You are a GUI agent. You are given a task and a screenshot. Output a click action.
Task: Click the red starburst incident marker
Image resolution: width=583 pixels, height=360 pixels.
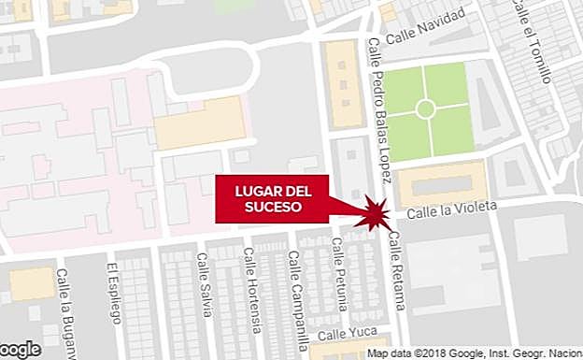[x=375, y=213]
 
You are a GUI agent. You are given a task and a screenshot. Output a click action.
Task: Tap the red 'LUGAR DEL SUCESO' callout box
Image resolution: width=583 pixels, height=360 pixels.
[x=272, y=199]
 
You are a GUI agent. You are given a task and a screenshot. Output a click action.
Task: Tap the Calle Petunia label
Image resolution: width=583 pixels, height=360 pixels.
[x=342, y=277]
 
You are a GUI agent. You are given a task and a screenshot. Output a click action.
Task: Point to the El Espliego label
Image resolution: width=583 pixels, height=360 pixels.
[x=114, y=295]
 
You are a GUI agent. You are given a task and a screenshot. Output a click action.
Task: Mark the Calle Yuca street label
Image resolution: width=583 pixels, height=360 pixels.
[x=343, y=334]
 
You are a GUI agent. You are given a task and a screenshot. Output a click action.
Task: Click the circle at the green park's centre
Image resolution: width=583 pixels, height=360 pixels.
[x=425, y=109]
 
